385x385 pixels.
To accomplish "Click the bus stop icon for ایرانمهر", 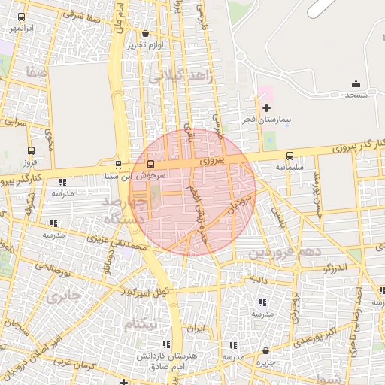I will coord(20,17).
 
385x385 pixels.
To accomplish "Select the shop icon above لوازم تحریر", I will coord(145,34).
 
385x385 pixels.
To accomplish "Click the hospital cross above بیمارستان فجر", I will coord(266,108).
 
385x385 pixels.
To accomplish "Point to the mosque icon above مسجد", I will coord(356,83).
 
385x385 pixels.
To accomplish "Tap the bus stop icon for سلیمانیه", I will coord(290,156).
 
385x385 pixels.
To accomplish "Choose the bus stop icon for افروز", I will coord(31,150).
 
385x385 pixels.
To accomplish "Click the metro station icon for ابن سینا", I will coord(118,165).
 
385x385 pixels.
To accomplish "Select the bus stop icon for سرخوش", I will coord(151,164).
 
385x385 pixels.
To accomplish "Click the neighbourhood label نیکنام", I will coord(141,323).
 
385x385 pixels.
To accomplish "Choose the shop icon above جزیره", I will coord(265,350).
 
